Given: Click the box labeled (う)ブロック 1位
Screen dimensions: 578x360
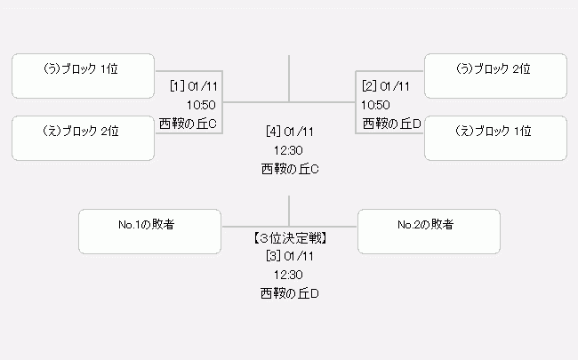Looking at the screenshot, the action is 83,76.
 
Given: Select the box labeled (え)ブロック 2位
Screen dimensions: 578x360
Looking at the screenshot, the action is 83,138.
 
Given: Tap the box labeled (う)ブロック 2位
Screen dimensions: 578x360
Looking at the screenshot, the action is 495,76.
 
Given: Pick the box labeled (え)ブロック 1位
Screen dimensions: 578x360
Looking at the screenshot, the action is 495,138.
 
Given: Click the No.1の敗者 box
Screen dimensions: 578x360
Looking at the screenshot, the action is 149,231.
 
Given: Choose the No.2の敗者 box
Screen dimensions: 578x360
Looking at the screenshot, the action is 429,231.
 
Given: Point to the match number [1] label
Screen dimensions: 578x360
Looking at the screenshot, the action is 177,86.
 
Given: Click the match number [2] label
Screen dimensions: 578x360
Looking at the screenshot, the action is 369,86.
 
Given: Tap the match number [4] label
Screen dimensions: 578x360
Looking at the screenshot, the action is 274,132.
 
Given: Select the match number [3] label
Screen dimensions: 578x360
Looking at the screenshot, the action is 274,256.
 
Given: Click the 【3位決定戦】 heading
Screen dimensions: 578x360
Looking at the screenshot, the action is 290,238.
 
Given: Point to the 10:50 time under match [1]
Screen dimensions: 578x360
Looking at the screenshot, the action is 201,105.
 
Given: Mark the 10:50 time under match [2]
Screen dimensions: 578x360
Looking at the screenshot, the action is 375,105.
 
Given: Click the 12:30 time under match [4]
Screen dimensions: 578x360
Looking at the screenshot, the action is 288,150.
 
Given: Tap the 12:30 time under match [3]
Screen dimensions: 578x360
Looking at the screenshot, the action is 288,275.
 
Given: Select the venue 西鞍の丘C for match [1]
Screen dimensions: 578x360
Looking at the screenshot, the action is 188,124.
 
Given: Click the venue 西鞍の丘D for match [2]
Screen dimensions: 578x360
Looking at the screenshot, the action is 392,124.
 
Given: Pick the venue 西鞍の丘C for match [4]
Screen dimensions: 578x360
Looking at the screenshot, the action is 290,169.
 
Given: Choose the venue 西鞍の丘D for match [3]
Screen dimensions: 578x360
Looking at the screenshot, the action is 290,293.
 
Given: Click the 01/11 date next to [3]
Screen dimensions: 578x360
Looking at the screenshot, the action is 299,256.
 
